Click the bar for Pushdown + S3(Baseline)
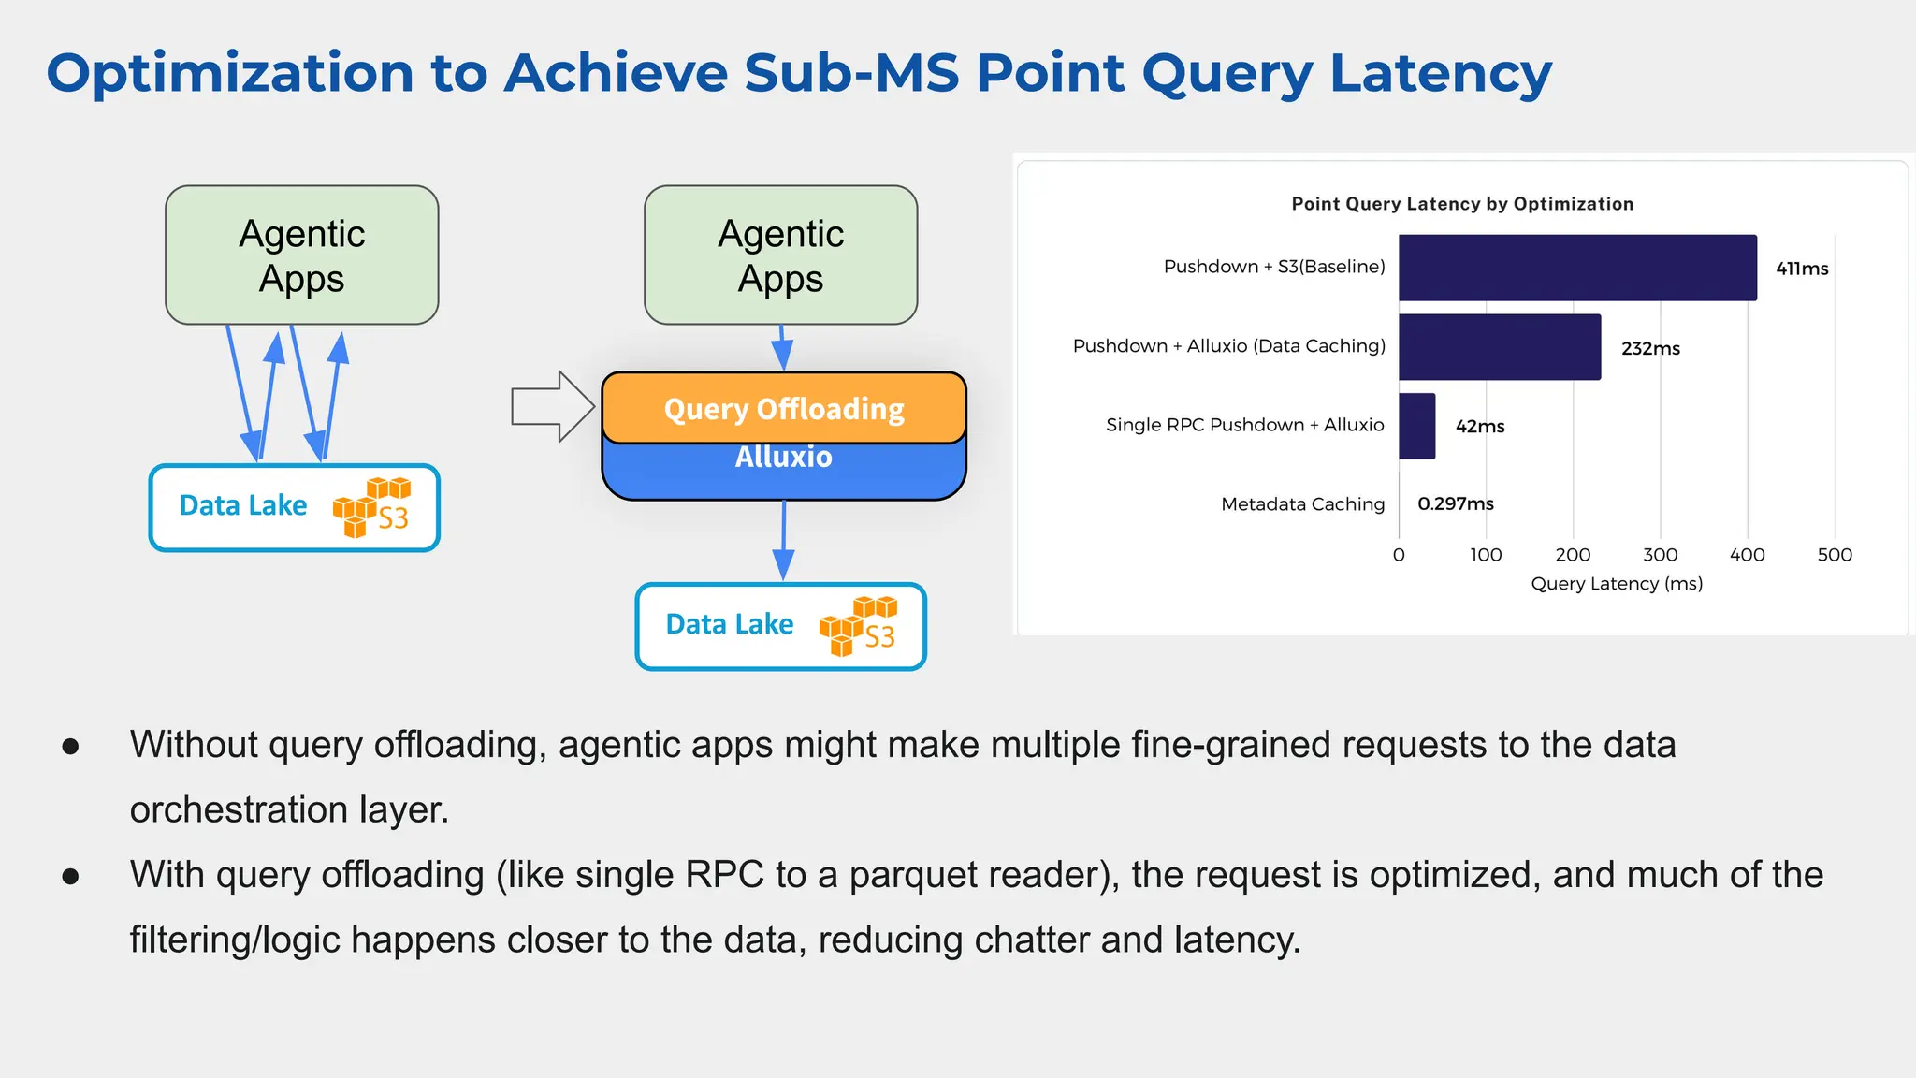click(1577, 268)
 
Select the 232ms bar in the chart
click(1500, 347)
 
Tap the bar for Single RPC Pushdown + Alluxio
click(1416, 426)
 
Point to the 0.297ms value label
click(1455, 503)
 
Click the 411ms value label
click(1801, 269)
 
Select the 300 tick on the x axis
click(1660, 554)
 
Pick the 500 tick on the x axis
click(1834, 554)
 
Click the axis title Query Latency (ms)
click(1616, 583)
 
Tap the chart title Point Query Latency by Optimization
click(1461, 204)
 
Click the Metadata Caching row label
click(1302, 504)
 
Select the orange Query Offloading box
click(784, 409)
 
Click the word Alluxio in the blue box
click(783, 458)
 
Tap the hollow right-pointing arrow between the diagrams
click(553, 406)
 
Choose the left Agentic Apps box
click(301, 255)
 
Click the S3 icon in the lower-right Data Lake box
click(859, 625)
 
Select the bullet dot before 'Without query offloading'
click(70, 746)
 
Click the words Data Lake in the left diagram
click(243, 505)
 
